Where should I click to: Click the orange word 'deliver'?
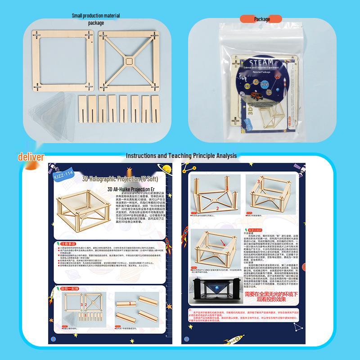click(31, 157)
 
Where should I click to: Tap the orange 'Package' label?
click(261, 19)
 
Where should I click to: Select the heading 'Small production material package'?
click(96, 19)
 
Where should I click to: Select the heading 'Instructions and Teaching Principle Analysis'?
click(181, 156)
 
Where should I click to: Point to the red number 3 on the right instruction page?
click(258, 181)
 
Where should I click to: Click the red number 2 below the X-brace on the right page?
click(217, 209)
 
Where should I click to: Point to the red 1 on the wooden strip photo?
click(130, 304)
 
